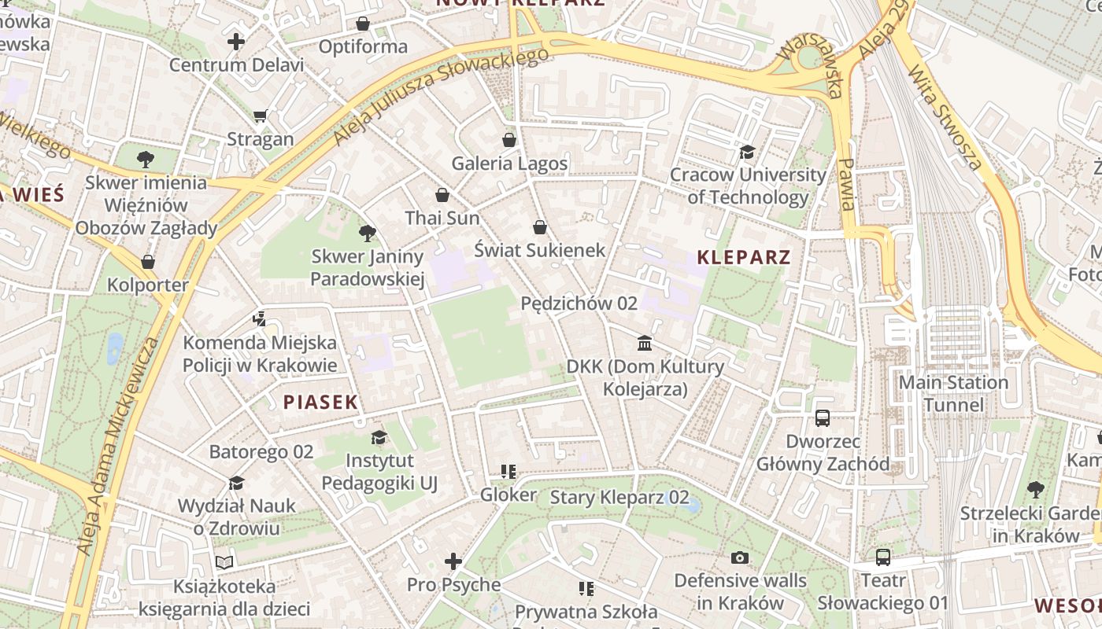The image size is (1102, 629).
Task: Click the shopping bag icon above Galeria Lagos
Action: [x=509, y=140]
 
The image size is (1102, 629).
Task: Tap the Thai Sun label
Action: [x=442, y=218]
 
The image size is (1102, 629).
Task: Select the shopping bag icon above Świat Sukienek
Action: [x=540, y=227]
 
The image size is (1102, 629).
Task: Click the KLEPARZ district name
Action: [x=744, y=257]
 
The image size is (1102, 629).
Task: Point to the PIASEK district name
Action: [x=320, y=403]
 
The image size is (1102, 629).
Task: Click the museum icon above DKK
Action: [x=645, y=343]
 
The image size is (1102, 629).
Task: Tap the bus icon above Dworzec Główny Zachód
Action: [x=823, y=417]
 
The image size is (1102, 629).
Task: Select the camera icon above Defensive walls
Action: [x=739, y=557]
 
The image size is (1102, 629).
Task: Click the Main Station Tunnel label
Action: [x=953, y=394]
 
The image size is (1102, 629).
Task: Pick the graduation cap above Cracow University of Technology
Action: [x=747, y=152]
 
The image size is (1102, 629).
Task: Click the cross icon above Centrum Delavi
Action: [x=236, y=41]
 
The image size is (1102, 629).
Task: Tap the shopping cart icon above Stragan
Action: [x=260, y=116]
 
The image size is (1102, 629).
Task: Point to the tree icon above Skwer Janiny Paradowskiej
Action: [x=367, y=233]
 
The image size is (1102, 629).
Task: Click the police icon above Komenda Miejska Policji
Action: [x=259, y=319]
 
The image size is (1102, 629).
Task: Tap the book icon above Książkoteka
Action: [x=224, y=562]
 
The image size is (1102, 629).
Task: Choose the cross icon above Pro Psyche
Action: [x=453, y=561]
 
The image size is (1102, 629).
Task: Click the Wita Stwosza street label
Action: [x=945, y=118]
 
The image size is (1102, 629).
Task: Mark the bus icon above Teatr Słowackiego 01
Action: [x=883, y=557]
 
